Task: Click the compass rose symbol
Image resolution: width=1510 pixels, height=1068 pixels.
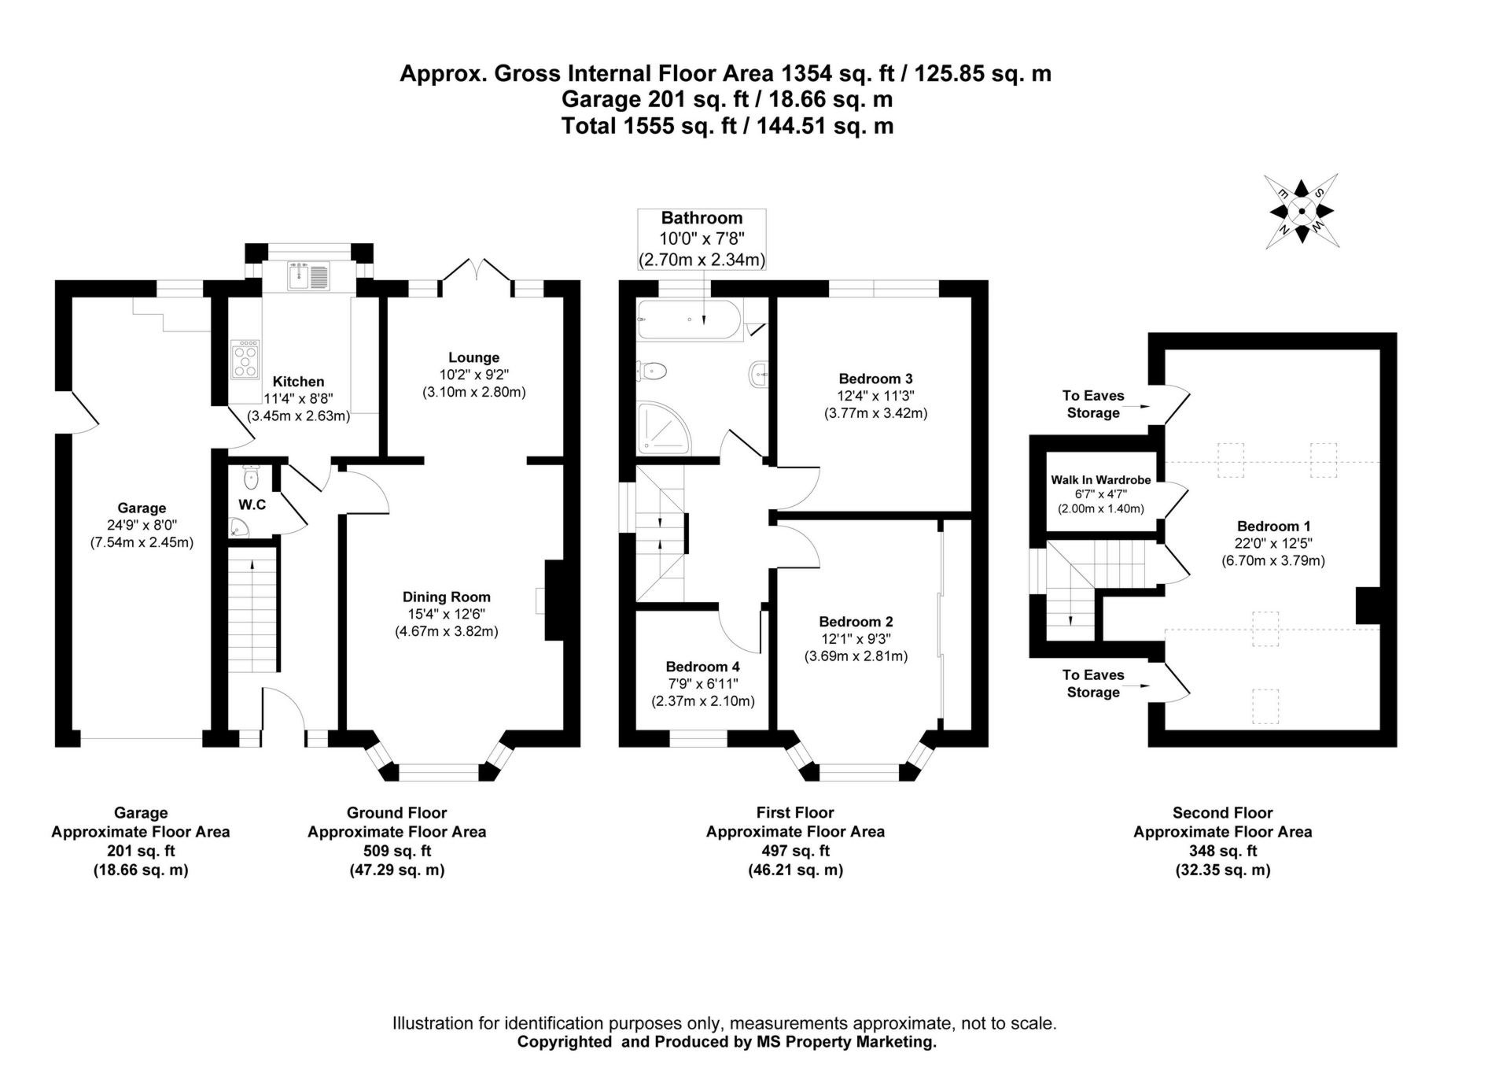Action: pyautogui.click(x=1302, y=211)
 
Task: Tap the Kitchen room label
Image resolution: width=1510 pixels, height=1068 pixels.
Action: pyautogui.click(x=298, y=382)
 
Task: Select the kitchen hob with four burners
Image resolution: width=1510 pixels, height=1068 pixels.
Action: pyautogui.click(x=245, y=360)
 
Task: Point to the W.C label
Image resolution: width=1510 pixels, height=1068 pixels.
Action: pyautogui.click(x=252, y=504)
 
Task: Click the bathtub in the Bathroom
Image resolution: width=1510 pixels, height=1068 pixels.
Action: pyautogui.click(x=689, y=320)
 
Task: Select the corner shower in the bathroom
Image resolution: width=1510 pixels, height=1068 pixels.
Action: pyautogui.click(x=662, y=429)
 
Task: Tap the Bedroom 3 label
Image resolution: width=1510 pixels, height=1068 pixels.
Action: pyautogui.click(x=875, y=379)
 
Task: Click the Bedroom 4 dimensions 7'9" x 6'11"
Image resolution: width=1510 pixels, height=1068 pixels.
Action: pyautogui.click(x=702, y=684)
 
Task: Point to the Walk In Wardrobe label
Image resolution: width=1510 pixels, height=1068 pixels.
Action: pyautogui.click(x=1100, y=480)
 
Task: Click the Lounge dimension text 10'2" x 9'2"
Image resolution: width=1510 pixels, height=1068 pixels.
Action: pyautogui.click(x=473, y=375)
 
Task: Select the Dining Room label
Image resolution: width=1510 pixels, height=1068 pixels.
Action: pyautogui.click(x=446, y=597)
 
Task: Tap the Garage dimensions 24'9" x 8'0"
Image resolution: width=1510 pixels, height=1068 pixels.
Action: pyautogui.click(x=142, y=525)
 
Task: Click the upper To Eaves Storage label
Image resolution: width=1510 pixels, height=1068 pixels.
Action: pyautogui.click(x=1092, y=405)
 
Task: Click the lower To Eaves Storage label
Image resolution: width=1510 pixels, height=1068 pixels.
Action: pyautogui.click(x=1092, y=684)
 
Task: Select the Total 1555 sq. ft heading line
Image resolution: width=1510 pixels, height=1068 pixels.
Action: pyautogui.click(x=727, y=126)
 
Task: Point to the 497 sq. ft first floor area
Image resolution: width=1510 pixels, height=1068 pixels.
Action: pyautogui.click(x=795, y=851)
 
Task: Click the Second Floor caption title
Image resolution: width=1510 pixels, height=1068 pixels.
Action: pyautogui.click(x=1222, y=813)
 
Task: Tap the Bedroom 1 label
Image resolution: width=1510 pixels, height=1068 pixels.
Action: pyautogui.click(x=1272, y=527)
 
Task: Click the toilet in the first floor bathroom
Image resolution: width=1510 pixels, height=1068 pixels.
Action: pyautogui.click(x=653, y=370)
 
